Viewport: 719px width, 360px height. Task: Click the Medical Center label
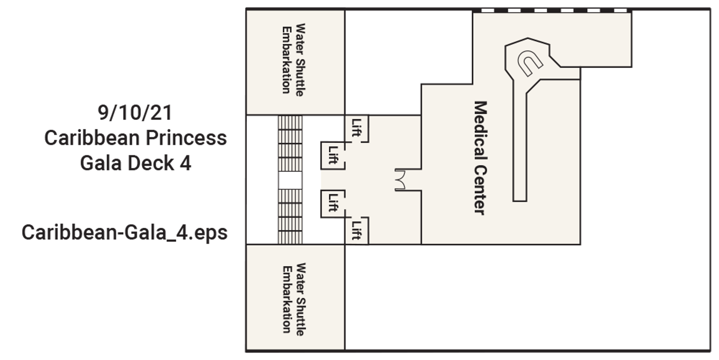[480, 158]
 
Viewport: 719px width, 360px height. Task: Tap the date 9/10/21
[135, 112]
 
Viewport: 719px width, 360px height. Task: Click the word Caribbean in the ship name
[92, 137]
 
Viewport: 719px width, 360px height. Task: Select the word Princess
[186, 137]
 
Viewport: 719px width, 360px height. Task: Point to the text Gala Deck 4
[136, 163]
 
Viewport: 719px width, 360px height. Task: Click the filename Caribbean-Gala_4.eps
[124, 232]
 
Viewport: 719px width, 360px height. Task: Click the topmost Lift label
[357, 128]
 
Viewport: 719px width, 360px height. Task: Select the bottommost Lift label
[357, 230]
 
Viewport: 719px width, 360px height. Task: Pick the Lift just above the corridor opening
[333, 155]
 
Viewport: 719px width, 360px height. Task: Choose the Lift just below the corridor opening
[333, 203]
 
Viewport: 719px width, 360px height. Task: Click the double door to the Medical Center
[400, 180]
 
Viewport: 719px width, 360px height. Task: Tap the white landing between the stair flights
[290, 180]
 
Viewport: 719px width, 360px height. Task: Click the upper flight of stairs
[290, 143]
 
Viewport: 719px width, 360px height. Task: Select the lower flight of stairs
[290, 217]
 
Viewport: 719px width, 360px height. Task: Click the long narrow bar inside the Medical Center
[520, 146]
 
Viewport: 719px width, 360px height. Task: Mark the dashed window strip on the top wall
[553, 10]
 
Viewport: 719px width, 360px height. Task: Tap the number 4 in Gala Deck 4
[185, 163]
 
